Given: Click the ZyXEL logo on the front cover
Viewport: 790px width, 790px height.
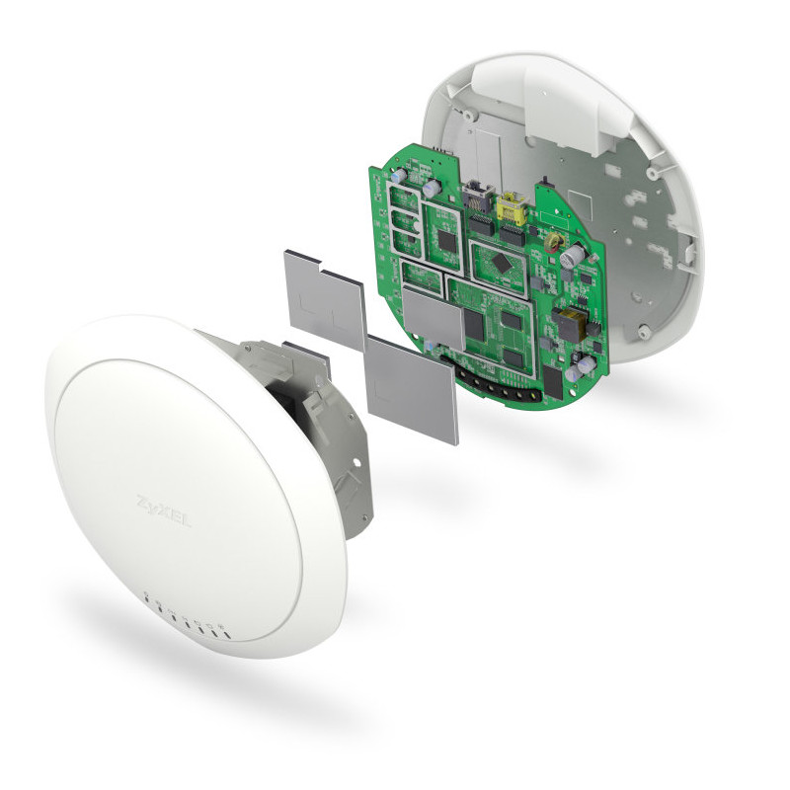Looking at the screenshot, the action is pyautogui.click(x=164, y=513).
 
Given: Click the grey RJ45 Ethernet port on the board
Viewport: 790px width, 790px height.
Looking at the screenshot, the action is pyautogui.click(x=475, y=197).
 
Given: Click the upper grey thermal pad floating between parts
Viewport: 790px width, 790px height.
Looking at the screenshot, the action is pyautogui.click(x=324, y=298).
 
